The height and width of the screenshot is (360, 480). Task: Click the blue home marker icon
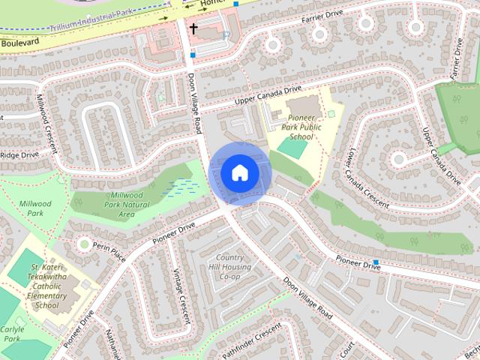click(239, 172)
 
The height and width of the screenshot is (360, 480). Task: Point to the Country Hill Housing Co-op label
click(229, 267)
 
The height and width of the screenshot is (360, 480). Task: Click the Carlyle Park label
click(12, 334)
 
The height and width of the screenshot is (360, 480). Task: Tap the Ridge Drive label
click(19, 155)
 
